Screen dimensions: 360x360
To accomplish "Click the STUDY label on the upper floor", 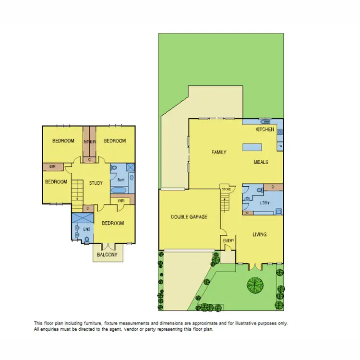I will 96,183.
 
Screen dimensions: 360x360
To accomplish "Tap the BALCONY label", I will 107,255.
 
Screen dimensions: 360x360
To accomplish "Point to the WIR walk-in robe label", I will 121,201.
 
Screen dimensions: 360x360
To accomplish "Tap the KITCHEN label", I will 264,130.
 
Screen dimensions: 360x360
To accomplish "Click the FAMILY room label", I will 219,152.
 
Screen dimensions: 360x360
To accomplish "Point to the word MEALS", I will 261,162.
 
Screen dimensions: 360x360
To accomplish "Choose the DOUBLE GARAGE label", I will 189,217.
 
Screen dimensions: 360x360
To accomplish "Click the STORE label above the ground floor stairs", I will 226,190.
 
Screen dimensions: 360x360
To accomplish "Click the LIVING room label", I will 259,234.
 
